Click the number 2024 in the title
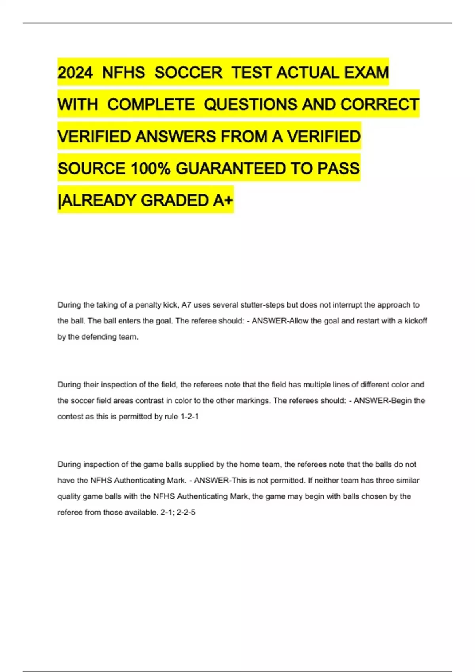pyautogui.click(x=75, y=73)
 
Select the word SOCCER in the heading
pyautogui.click(x=188, y=73)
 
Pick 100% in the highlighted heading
pyautogui.click(x=150, y=169)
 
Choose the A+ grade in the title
pyautogui.click(x=223, y=200)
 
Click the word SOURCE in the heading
pyautogui.click(x=91, y=169)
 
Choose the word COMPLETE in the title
pyautogui.click(x=151, y=105)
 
